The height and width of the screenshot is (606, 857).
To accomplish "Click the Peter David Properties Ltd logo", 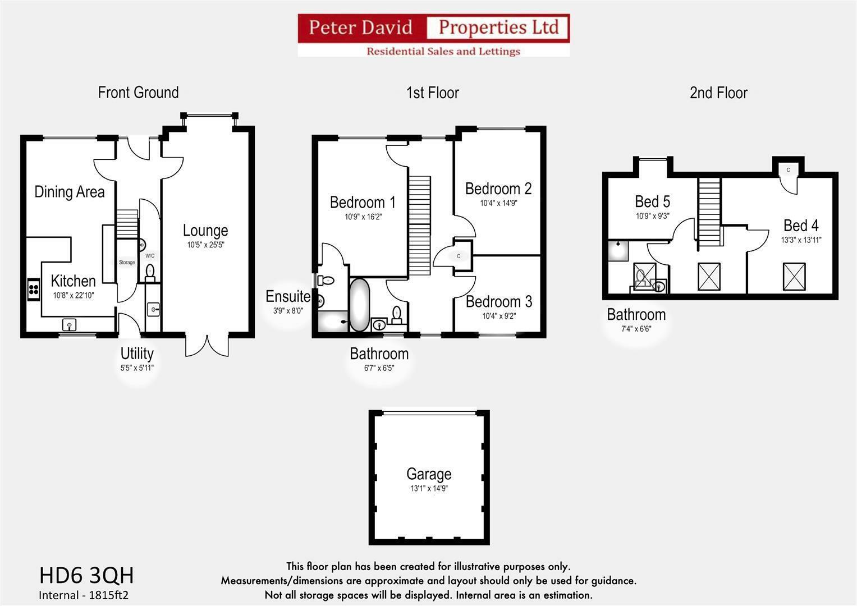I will tap(433, 35).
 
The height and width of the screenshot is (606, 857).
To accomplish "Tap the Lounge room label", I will tap(205, 231).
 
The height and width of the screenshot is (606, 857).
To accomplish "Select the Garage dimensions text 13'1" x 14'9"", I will tap(429, 489).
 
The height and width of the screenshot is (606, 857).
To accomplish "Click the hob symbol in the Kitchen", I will tap(34, 289).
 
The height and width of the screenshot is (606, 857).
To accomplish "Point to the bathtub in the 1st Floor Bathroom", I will tap(359, 305).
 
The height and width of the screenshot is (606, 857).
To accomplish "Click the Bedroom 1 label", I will tap(363, 202).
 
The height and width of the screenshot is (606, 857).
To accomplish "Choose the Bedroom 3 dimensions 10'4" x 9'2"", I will tap(498, 316).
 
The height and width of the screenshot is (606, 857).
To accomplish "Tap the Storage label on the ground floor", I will tap(127, 263).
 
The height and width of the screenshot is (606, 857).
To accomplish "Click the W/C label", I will tap(150, 256).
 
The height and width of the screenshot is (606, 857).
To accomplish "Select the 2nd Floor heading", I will tap(718, 93).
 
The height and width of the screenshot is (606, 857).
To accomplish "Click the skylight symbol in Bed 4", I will tap(794, 277).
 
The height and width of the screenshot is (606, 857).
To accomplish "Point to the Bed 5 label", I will tap(652, 201).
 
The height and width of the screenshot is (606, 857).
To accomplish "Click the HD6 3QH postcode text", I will tap(86, 575).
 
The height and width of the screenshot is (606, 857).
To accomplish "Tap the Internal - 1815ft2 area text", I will tap(84, 595).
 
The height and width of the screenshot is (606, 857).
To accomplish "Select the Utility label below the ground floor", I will tap(137, 353).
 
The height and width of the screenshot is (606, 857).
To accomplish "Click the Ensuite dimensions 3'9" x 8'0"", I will tap(287, 310).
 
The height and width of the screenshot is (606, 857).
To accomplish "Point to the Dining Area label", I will tap(70, 192).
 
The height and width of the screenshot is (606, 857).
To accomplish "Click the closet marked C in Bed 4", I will tap(788, 170).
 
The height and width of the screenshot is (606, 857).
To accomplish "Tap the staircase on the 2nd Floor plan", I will tap(709, 211).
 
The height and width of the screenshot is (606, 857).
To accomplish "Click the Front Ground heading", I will tap(138, 93).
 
